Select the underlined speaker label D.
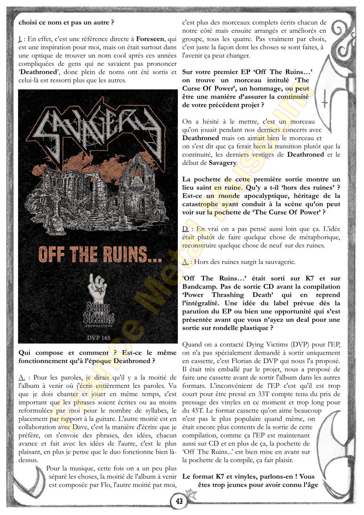click(185, 228)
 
